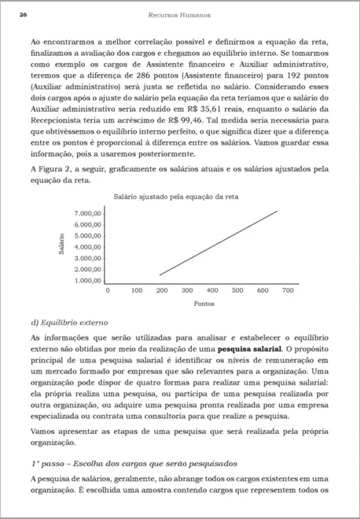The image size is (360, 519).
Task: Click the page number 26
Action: click(24, 15)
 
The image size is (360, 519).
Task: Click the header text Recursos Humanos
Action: click(179, 15)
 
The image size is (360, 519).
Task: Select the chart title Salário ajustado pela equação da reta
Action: click(176, 196)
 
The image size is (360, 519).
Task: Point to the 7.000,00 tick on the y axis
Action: click(88, 214)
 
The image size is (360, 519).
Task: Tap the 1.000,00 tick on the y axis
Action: click(88, 280)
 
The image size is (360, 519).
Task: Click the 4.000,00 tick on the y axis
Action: click(88, 247)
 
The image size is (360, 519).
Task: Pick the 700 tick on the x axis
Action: click(288, 290)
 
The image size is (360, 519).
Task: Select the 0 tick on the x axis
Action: click(108, 290)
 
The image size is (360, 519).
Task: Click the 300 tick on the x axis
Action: click(187, 290)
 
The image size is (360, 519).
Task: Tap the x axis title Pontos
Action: click(204, 303)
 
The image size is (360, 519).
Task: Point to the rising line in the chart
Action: click(219, 243)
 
